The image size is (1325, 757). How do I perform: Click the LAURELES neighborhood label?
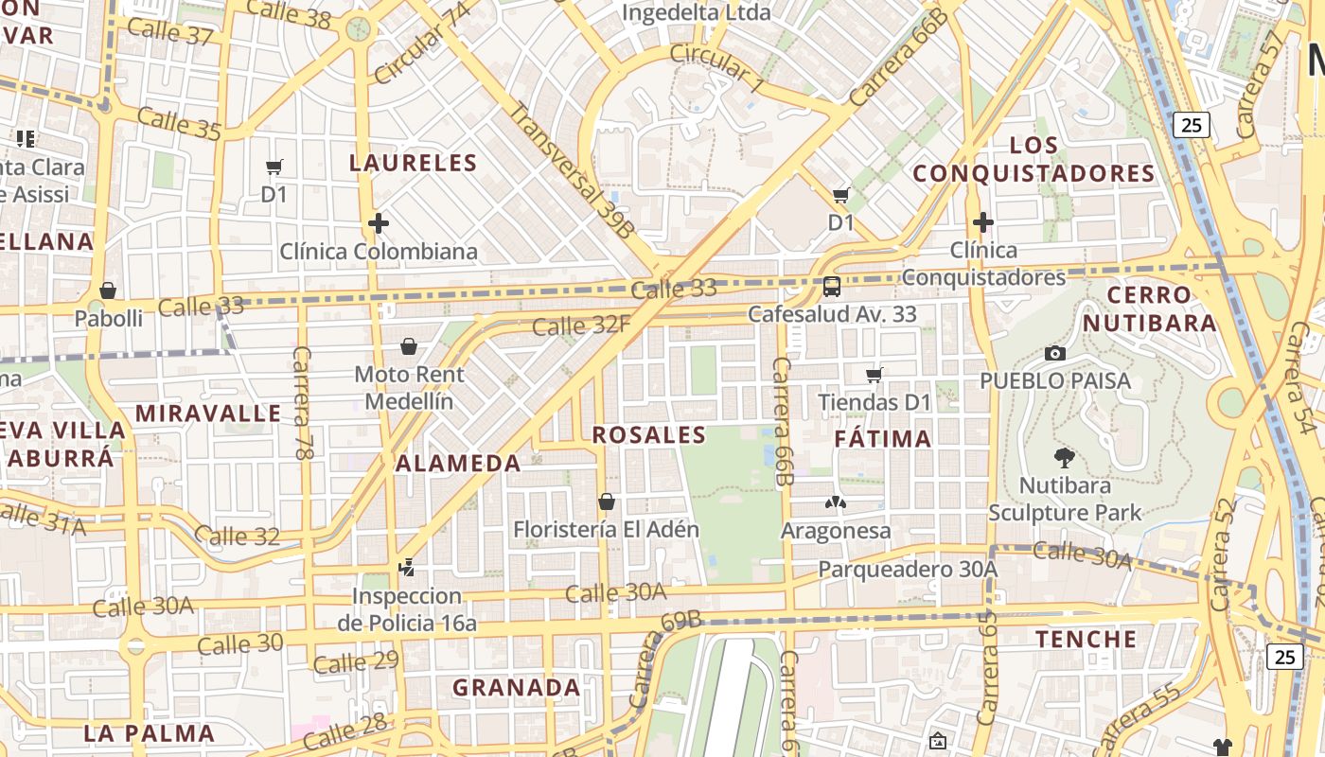(x=414, y=163)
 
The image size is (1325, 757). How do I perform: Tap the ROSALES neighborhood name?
(x=649, y=435)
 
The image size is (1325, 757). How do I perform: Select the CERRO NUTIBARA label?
(x=1149, y=309)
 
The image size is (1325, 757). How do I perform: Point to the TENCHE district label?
(x=1086, y=640)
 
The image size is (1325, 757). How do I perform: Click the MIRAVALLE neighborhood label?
(x=208, y=414)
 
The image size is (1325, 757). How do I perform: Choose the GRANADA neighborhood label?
(x=516, y=688)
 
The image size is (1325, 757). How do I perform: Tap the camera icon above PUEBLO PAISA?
(x=1055, y=354)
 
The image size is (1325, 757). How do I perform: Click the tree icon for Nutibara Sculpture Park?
(x=1065, y=459)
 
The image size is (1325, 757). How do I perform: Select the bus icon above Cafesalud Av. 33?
(x=832, y=286)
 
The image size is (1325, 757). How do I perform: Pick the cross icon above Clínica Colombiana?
(x=379, y=224)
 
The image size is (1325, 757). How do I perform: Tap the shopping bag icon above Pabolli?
(x=108, y=290)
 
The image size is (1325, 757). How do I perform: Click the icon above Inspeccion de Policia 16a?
(x=407, y=569)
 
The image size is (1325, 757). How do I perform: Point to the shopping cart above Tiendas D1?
(x=874, y=376)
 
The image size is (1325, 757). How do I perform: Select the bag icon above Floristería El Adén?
(x=607, y=502)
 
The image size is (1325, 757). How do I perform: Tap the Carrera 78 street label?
(x=303, y=403)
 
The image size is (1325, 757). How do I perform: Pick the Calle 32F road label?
(x=581, y=326)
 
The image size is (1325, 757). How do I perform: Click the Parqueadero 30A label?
(x=908, y=570)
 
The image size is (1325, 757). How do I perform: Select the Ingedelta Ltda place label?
(x=696, y=13)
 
